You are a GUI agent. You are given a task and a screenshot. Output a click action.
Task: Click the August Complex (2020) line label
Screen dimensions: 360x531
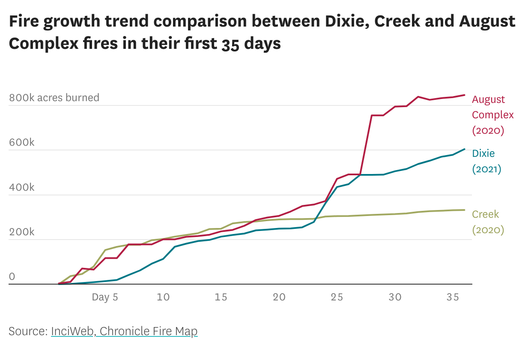[x=492, y=115]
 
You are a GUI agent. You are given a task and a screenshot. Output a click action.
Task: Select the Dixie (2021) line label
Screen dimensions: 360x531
[x=486, y=161]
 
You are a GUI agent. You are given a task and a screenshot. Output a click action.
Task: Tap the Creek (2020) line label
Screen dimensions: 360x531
[x=488, y=222]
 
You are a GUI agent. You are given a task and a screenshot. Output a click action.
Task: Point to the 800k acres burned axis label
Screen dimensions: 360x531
[x=54, y=98]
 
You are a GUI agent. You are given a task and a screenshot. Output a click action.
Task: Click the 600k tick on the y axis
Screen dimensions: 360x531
[x=21, y=142]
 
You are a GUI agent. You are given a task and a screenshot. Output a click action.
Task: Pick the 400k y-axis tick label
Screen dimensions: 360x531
[x=21, y=187]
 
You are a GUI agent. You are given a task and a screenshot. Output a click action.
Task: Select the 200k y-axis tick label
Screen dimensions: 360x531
[x=21, y=232]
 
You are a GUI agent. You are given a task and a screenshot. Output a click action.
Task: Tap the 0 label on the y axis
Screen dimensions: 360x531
[x=12, y=277]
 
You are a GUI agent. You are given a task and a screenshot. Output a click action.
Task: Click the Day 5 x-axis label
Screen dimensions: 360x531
[x=105, y=297]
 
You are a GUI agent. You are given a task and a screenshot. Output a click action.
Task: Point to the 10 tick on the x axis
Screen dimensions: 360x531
[x=163, y=297]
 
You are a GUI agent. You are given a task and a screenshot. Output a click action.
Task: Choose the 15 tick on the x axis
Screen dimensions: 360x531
[x=221, y=297]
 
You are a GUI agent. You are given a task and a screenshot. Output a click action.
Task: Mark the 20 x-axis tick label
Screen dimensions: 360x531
[x=279, y=297]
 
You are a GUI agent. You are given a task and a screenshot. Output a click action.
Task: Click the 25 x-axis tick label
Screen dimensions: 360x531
[x=337, y=297]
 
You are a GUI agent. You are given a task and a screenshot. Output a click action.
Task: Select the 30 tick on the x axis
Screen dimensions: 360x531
[x=395, y=297]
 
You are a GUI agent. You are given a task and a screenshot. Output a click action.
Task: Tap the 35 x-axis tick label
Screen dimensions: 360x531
[x=453, y=297]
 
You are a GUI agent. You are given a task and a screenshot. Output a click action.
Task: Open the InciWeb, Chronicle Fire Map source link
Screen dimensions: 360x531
[x=124, y=331]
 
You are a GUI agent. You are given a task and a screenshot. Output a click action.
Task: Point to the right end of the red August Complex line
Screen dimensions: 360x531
[x=465, y=95]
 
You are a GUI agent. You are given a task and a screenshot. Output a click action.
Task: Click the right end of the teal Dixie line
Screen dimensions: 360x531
[x=465, y=149]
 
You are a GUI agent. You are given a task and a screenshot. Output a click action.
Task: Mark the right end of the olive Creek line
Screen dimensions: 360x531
[x=465, y=210]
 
